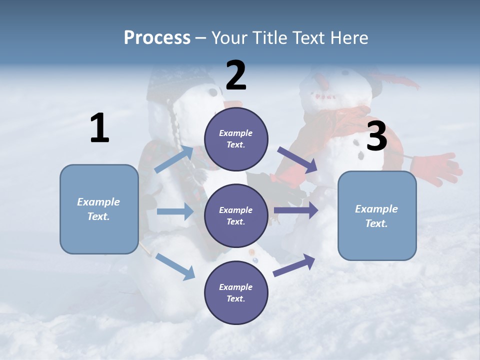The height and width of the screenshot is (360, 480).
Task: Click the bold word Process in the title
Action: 157,38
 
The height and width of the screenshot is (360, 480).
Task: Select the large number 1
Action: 99,128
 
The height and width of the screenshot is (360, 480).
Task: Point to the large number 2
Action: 236,75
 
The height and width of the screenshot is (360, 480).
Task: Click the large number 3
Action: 376,136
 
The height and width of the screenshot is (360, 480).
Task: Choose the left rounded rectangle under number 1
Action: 99,209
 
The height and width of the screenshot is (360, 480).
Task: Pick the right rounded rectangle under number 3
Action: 377,215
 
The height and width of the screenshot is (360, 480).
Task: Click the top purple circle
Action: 236,139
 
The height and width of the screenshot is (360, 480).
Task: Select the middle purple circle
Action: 236,215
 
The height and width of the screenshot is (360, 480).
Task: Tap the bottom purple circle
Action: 236,292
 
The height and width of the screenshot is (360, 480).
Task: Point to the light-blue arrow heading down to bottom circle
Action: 175,266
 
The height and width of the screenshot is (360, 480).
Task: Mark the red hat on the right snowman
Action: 395,80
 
